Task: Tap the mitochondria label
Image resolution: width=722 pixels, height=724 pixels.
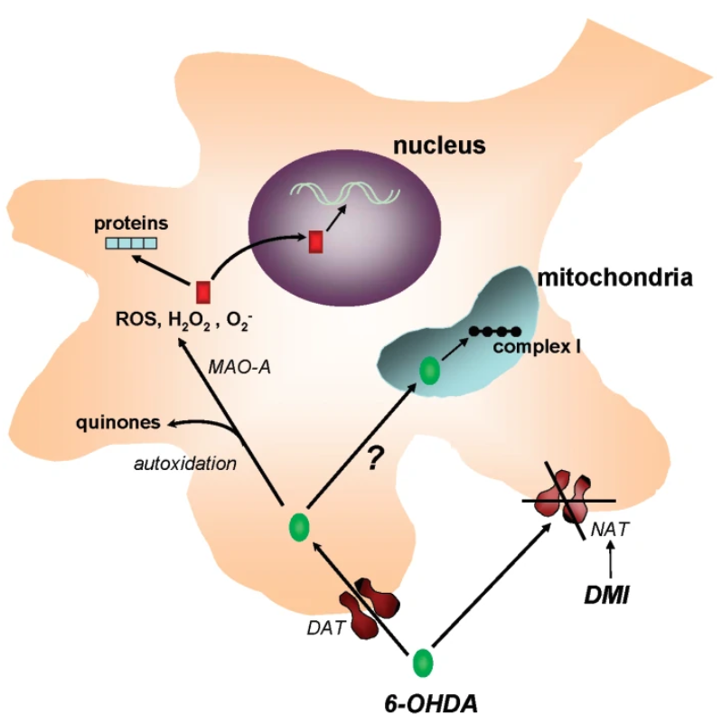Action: point(615,277)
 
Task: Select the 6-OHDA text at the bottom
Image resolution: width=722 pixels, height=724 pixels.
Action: point(427,701)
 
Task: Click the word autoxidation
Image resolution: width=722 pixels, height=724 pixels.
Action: point(186,464)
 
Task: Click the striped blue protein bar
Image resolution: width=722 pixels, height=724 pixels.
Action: point(130,241)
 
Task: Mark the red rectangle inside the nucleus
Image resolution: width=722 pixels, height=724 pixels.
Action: point(315,241)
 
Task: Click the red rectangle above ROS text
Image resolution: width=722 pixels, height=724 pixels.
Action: point(203,292)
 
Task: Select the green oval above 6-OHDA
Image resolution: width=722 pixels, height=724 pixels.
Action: point(423,663)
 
